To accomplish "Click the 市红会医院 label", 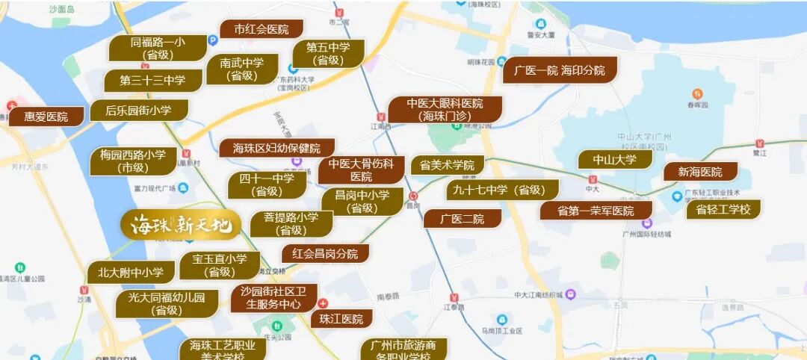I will tap(261, 29).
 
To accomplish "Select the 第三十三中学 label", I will tap(154, 80).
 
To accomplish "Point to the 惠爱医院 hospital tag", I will tap(46, 117).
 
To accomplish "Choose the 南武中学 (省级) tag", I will tap(241, 69).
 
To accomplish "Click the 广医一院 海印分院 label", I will tap(560, 70).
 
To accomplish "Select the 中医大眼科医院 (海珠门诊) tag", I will tap(445, 109).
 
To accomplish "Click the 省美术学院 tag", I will tap(447, 165).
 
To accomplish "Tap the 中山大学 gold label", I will tap(614, 159).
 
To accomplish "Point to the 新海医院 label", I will tap(700, 172).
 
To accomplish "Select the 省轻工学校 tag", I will tap(723, 209).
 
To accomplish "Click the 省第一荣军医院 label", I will tap(595, 211).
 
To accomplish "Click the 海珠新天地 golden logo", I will tap(181, 223).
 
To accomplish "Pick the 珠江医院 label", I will tap(341, 319).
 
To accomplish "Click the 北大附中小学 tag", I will tap(131, 273).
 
